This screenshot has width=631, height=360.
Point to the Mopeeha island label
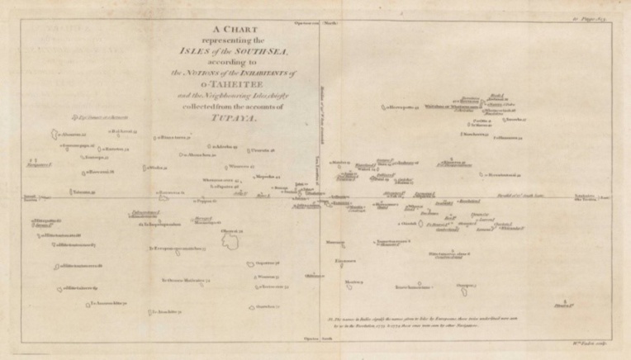pyautogui.click(x=267, y=176)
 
